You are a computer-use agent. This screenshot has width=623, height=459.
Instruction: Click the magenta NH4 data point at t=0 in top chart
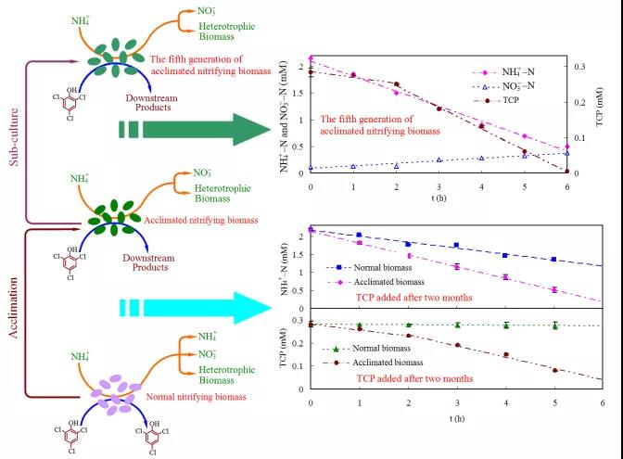(311, 58)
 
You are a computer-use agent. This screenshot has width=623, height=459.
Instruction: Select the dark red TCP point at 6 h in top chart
(566, 171)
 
